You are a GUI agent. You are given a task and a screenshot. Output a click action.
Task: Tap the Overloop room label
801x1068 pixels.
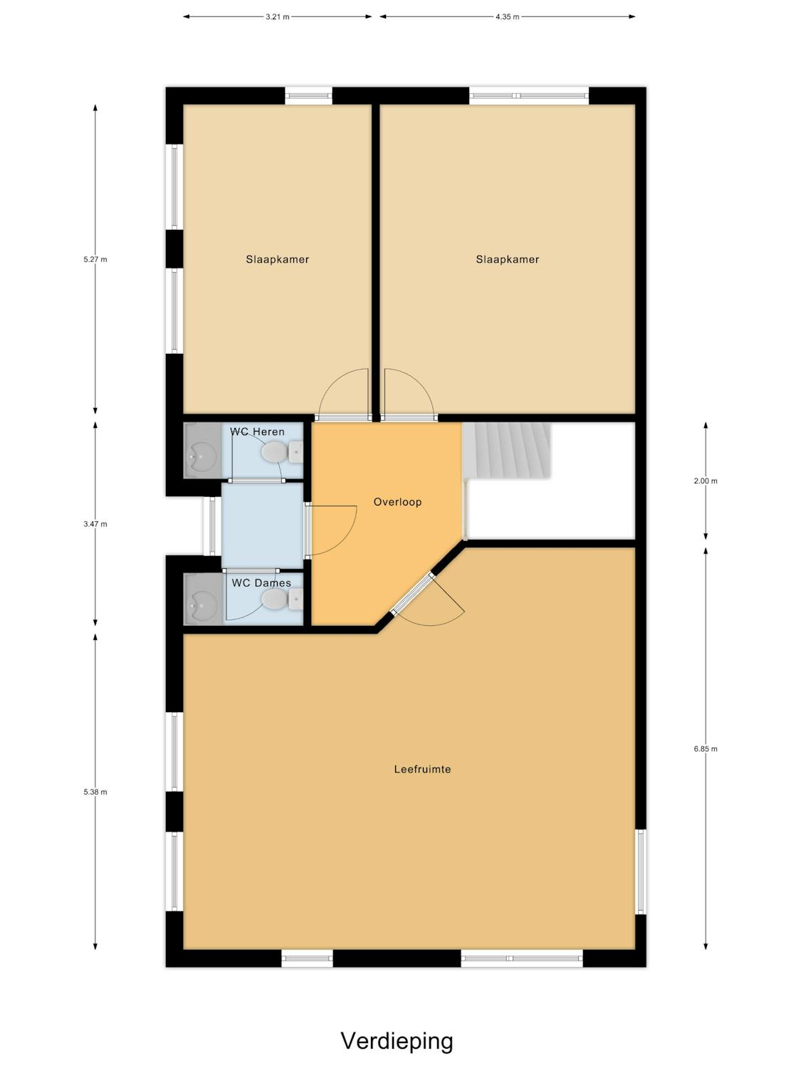397,502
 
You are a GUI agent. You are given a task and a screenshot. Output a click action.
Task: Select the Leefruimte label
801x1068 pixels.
423,769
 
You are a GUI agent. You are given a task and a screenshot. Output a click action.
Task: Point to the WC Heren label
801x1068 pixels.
257,431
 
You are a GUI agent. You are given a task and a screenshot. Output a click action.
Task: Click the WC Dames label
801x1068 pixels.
261,582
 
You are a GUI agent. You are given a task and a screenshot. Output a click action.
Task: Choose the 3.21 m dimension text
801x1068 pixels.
277,16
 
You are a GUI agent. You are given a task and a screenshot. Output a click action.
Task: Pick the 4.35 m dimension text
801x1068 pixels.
507,16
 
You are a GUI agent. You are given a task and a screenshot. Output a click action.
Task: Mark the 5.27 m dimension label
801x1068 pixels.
95,259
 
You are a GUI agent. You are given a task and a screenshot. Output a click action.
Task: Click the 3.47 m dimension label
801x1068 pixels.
95,524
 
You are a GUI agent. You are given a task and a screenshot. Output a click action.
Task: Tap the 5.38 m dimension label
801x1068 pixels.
95,792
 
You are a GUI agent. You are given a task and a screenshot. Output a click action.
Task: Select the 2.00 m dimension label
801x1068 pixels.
705,481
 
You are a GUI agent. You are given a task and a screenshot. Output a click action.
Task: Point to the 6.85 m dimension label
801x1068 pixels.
705,749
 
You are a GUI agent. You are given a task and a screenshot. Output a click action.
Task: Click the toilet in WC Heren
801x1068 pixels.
282,452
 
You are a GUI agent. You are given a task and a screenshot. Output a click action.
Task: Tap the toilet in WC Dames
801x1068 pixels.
282,599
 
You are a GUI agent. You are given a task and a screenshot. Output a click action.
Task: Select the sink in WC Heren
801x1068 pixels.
202,451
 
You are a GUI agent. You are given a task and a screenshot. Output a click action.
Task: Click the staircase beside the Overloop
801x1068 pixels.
506,451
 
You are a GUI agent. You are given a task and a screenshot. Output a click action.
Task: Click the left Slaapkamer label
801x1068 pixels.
277,259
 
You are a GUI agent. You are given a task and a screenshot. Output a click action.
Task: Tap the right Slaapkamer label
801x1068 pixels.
507,259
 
